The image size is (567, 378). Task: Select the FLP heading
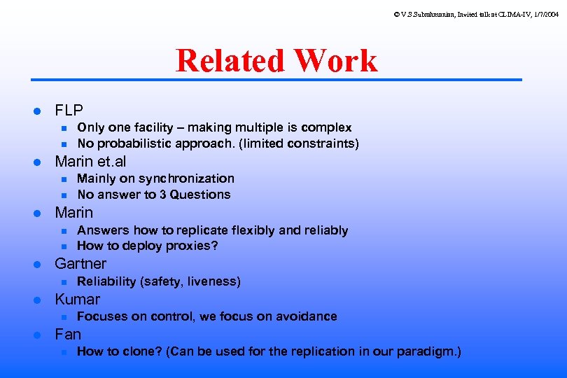pyautogui.click(x=69, y=110)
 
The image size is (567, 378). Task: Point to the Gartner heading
pyautogui.click(x=80, y=264)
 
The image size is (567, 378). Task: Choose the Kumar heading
pyautogui.click(x=77, y=300)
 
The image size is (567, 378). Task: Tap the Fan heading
pyautogui.click(x=68, y=335)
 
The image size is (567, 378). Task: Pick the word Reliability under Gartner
pyautogui.click(x=106, y=281)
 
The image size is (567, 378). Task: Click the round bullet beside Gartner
pyautogui.click(x=39, y=265)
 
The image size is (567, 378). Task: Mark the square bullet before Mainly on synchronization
pyautogui.click(x=62, y=178)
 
